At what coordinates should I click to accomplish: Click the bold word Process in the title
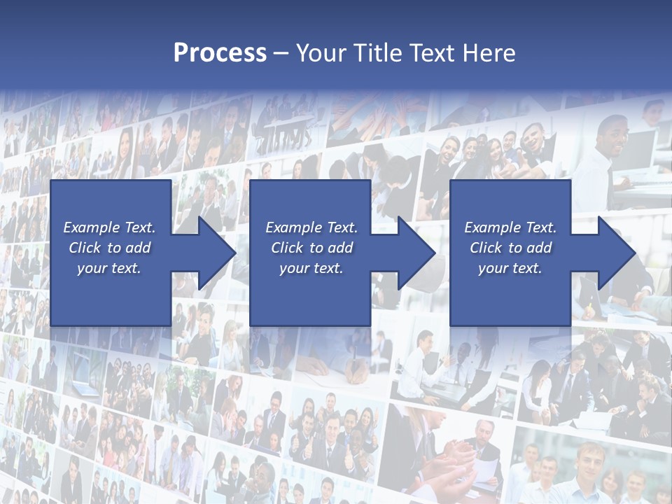click(x=220, y=52)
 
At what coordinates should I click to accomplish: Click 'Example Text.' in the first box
click(x=109, y=227)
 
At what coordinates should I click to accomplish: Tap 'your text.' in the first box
click(x=109, y=268)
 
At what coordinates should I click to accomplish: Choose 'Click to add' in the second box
click(x=311, y=248)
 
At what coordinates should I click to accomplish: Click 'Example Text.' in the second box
click(x=311, y=227)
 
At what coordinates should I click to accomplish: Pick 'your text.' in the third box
click(x=510, y=268)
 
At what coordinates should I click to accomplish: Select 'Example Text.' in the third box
click(x=510, y=227)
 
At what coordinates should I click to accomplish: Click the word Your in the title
click(x=321, y=52)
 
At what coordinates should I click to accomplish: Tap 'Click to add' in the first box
click(x=109, y=248)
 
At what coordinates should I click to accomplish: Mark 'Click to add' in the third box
click(x=510, y=248)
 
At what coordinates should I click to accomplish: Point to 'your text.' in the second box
click(x=311, y=268)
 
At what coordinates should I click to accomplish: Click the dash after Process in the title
click(x=281, y=53)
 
